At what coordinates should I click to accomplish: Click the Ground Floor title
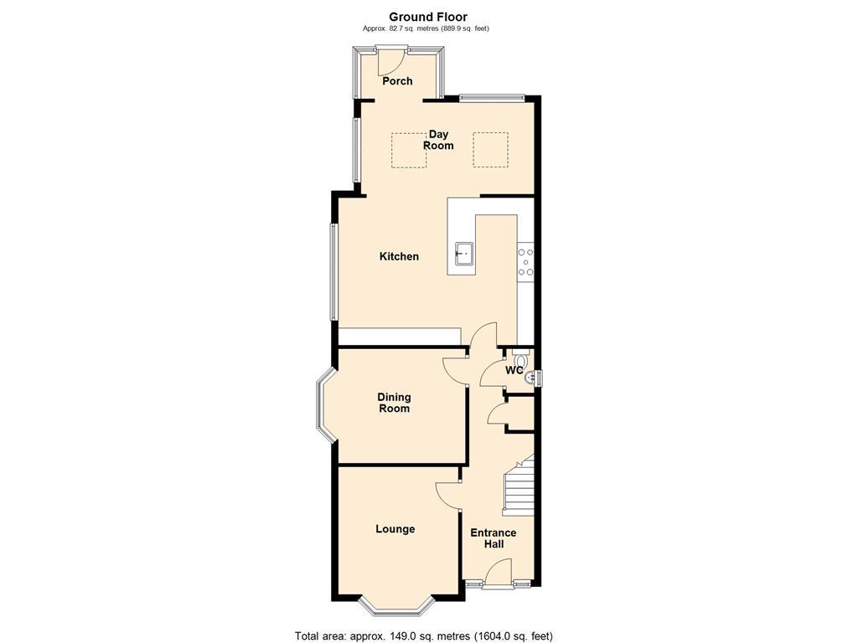[428, 17]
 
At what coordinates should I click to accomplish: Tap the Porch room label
[397, 81]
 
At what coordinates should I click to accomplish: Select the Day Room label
[438, 140]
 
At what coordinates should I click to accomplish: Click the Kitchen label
[399, 256]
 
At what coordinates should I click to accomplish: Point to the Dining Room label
[394, 403]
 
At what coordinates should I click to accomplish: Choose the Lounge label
[395, 529]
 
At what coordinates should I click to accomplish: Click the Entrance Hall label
[493, 538]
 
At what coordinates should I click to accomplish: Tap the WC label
[514, 370]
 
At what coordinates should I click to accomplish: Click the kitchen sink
[463, 252]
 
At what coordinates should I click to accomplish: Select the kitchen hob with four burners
[526, 261]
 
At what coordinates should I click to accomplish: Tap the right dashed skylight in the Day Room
[491, 150]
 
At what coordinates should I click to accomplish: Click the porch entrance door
[390, 60]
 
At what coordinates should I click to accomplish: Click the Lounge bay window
[396, 603]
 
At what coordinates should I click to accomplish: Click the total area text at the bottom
[424, 635]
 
